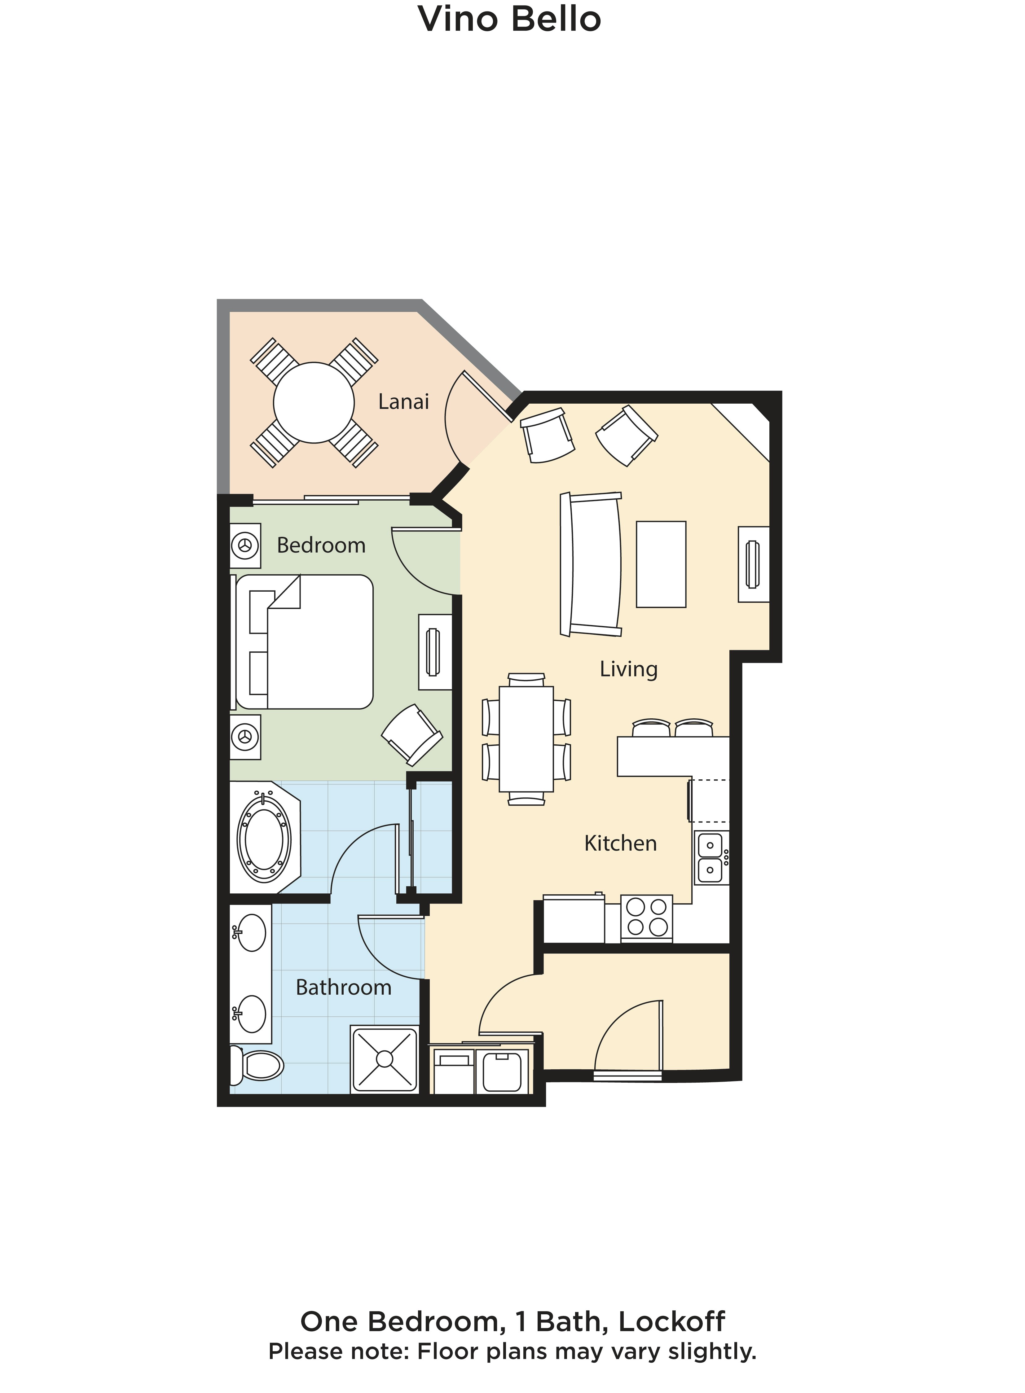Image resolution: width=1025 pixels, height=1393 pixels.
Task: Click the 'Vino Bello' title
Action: pos(509,19)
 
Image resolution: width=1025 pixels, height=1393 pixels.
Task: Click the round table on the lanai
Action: pos(314,403)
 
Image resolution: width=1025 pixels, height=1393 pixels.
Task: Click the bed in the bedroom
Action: pos(305,642)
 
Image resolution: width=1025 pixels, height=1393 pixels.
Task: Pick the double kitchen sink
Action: pos(711,858)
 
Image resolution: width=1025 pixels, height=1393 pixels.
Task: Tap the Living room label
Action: pos(628,669)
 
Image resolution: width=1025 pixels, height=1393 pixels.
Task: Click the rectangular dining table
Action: pos(526,739)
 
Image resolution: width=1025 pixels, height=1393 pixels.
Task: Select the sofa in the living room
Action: pos(591,564)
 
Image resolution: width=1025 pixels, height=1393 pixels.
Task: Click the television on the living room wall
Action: pos(753,564)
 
